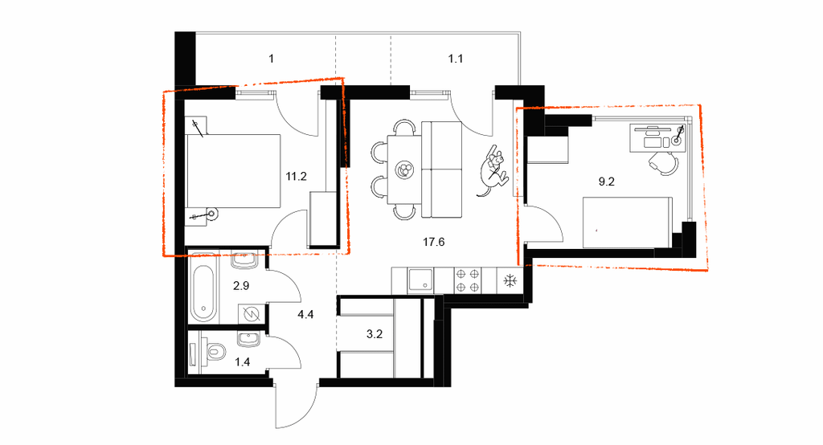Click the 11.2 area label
296,177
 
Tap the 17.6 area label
433,242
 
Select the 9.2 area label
606,182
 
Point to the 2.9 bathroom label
241,286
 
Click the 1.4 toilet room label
242,361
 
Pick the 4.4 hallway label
305,314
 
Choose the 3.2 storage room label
375,334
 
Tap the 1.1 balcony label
455,59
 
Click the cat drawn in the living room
493,171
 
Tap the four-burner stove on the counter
468,280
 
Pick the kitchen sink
421,280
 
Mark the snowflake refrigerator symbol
510,281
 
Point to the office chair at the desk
664,163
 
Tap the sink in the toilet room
248,340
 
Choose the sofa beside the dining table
442,169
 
